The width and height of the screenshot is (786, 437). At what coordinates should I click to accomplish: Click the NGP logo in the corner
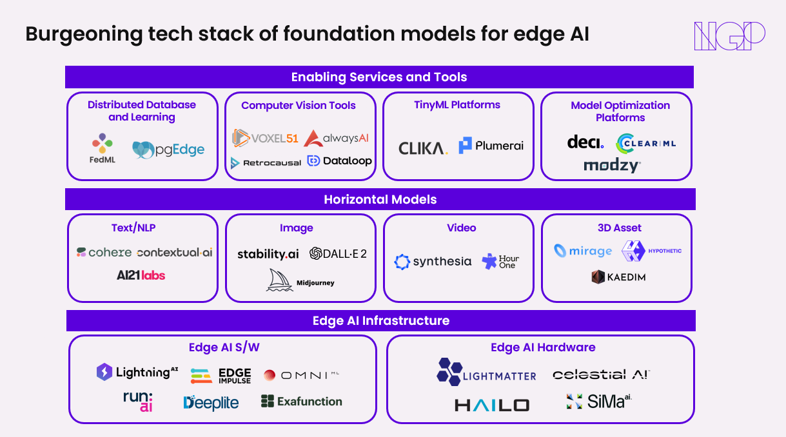(x=729, y=36)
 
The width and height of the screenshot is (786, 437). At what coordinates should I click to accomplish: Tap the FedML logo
(x=102, y=148)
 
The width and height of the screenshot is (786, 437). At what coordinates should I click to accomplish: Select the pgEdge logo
(x=168, y=150)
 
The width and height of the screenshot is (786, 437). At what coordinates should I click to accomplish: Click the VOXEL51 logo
(x=265, y=138)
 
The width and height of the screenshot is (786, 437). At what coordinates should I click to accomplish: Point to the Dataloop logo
(x=339, y=161)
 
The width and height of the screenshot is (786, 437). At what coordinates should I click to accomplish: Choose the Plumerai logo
(x=491, y=145)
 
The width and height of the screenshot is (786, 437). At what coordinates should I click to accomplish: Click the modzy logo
(x=613, y=166)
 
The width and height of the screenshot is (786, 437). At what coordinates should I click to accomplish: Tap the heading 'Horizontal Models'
(x=380, y=200)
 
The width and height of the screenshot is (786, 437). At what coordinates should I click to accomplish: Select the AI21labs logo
(x=141, y=275)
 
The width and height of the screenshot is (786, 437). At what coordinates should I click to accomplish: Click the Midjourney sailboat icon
(x=279, y=280)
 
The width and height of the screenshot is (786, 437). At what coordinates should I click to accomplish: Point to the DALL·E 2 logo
(x=338, y=253)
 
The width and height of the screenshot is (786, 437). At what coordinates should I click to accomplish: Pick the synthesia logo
(x=433, y=262)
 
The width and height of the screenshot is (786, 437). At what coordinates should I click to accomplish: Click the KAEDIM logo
(x=618, y=277)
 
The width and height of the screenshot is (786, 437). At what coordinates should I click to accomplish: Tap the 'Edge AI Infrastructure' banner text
(x=381, y=320)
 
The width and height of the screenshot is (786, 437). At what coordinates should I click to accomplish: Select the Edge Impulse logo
(x=221, y=376)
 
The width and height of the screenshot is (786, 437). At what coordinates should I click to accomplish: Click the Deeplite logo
(x=211, y=403)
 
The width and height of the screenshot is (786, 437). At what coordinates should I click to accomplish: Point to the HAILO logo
(x=492, y=405)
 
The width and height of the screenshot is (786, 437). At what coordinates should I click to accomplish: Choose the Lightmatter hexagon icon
(x=449, y=372)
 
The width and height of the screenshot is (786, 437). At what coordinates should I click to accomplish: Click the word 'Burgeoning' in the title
(x=84, y=35)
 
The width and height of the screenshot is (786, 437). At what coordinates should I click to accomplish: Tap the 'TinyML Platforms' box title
(x=457, y=105)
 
